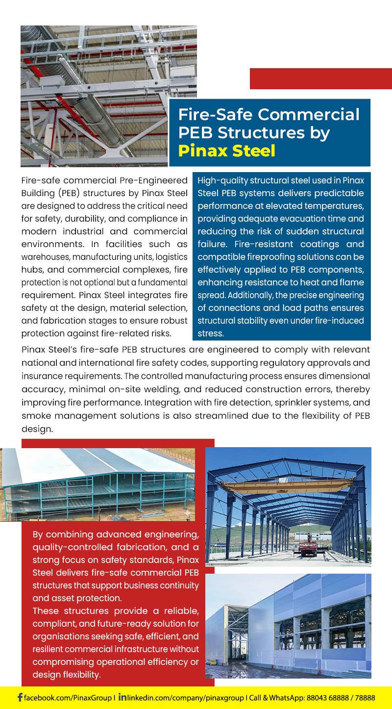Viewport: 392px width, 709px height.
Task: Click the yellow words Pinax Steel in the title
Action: click(x=226, y=151)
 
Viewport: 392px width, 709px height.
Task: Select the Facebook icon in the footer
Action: click(x=20, y=697)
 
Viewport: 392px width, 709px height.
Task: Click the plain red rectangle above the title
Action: click(x=320, y=78)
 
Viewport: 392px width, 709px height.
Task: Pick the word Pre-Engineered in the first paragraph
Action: click(x=157, y=180)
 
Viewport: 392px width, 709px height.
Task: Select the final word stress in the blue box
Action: click(x=210, y=333)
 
